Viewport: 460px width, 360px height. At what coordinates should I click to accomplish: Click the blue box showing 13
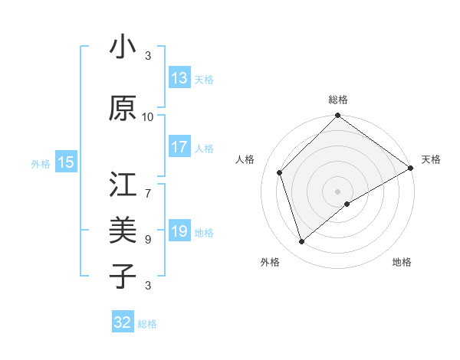point(179,78)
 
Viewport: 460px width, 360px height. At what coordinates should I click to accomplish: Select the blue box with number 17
point(179,147)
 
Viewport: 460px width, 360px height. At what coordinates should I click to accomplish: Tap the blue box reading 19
point(179,231)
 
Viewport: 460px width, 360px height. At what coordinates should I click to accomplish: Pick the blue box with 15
point(66,162)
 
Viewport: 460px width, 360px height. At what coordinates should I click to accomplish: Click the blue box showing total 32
point(123,322)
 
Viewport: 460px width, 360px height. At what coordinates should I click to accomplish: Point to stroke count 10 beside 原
point(148,117)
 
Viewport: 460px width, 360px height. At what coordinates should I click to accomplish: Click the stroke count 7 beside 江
point(148,186)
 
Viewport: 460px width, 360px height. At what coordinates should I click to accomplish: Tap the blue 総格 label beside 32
point(147,324)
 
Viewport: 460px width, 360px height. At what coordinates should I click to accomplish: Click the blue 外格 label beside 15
point(41,163)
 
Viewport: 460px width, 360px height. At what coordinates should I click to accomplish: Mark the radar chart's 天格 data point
point(411,168)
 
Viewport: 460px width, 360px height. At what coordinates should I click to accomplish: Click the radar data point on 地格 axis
point(347,204)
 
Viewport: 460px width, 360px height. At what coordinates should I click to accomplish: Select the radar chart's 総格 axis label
point(338,100)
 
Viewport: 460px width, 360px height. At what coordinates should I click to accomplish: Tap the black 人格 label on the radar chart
point(246,159)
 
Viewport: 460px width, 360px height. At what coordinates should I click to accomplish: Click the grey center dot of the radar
point(337,191)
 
